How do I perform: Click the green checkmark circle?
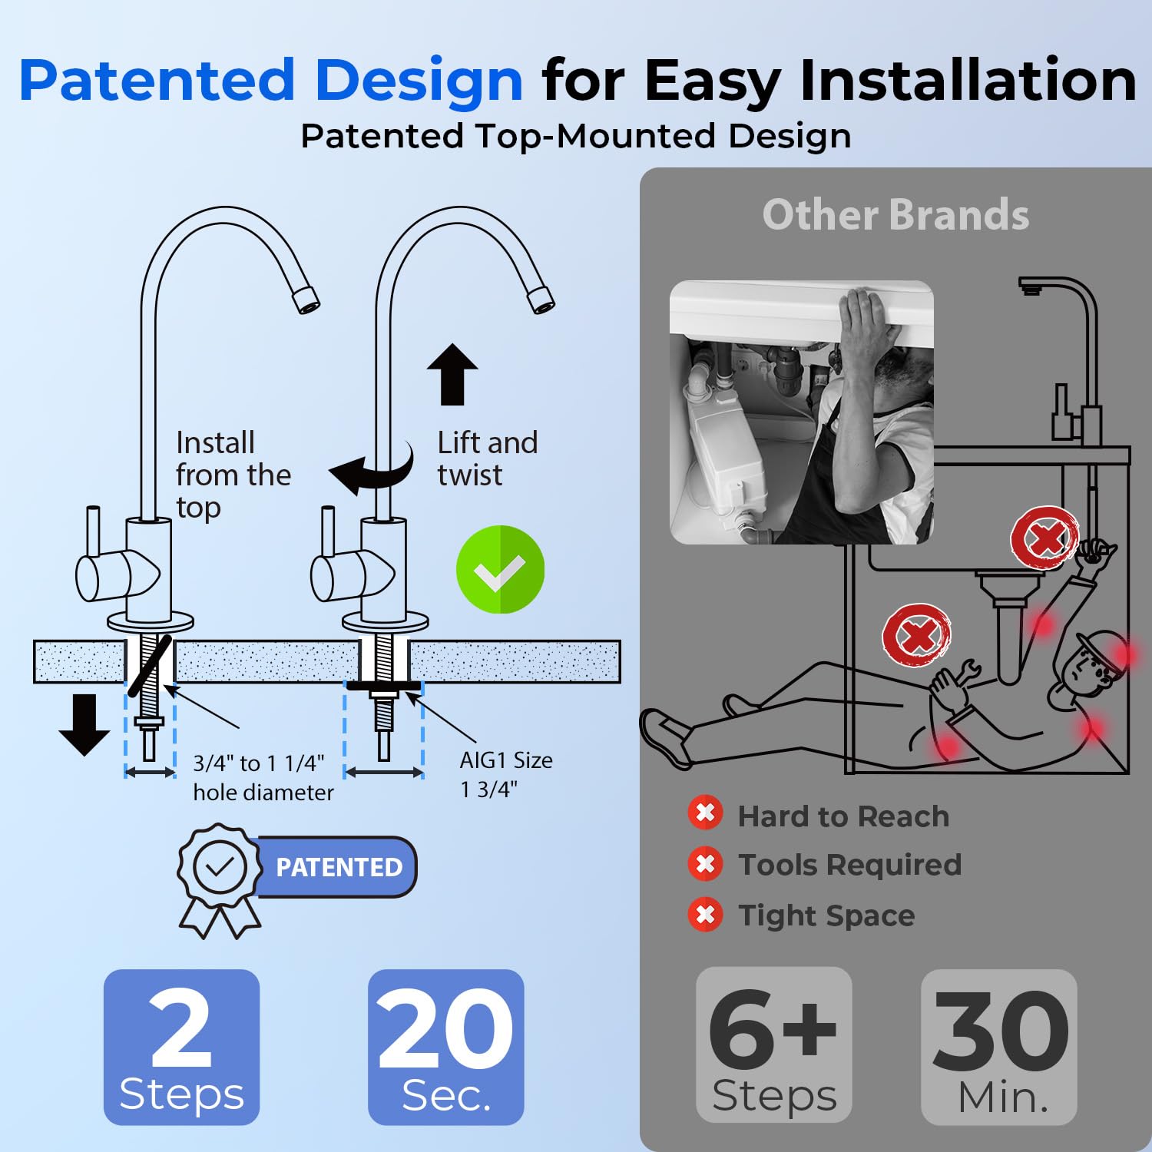500,569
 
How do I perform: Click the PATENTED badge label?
338,867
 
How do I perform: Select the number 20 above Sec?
445,1028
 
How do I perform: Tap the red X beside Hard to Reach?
705,813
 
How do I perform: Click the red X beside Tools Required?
705,864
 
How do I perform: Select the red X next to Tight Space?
705,915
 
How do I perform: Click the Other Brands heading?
895,214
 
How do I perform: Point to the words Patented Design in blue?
271,80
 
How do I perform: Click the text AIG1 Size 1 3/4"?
505,774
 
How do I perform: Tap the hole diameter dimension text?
263,777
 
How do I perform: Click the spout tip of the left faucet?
306,299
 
